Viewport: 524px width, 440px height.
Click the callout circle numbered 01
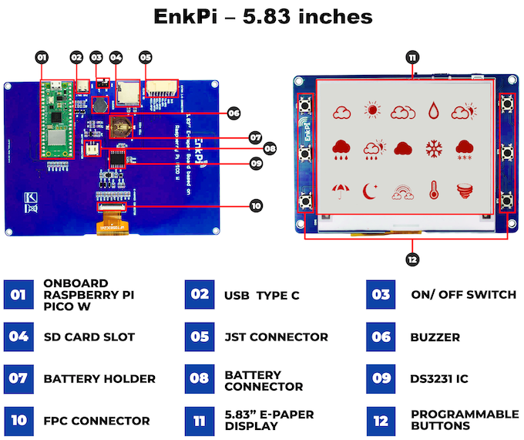tap(42, 56)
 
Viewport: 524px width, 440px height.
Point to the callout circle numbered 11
tap(413, 58)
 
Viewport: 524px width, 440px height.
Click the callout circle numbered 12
tap(412, 259)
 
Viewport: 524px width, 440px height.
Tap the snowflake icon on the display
tap(435, 149)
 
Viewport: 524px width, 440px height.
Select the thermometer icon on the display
tap(435, 189)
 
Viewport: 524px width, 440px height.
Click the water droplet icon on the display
tap(435, 111)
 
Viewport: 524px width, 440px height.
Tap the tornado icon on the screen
tap(465, 189)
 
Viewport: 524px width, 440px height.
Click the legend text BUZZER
tap(435, 337)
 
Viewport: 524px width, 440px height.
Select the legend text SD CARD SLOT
tap(89, 337)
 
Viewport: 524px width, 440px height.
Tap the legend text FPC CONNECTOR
tap(97, 421)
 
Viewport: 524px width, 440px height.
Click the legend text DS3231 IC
tap(440, 379)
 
